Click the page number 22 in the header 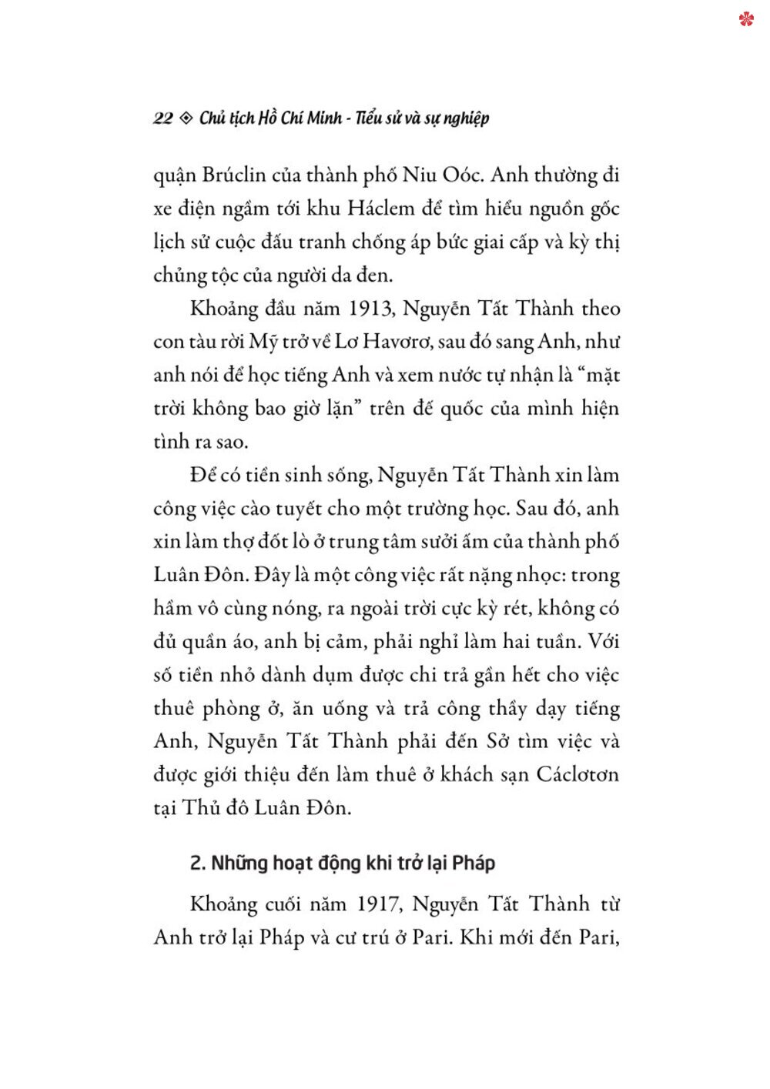coord(162,119)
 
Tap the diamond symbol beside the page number coord(186,119)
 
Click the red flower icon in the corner coord(745,18)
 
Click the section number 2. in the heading coord(197,864)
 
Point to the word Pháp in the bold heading coord(474,864)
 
